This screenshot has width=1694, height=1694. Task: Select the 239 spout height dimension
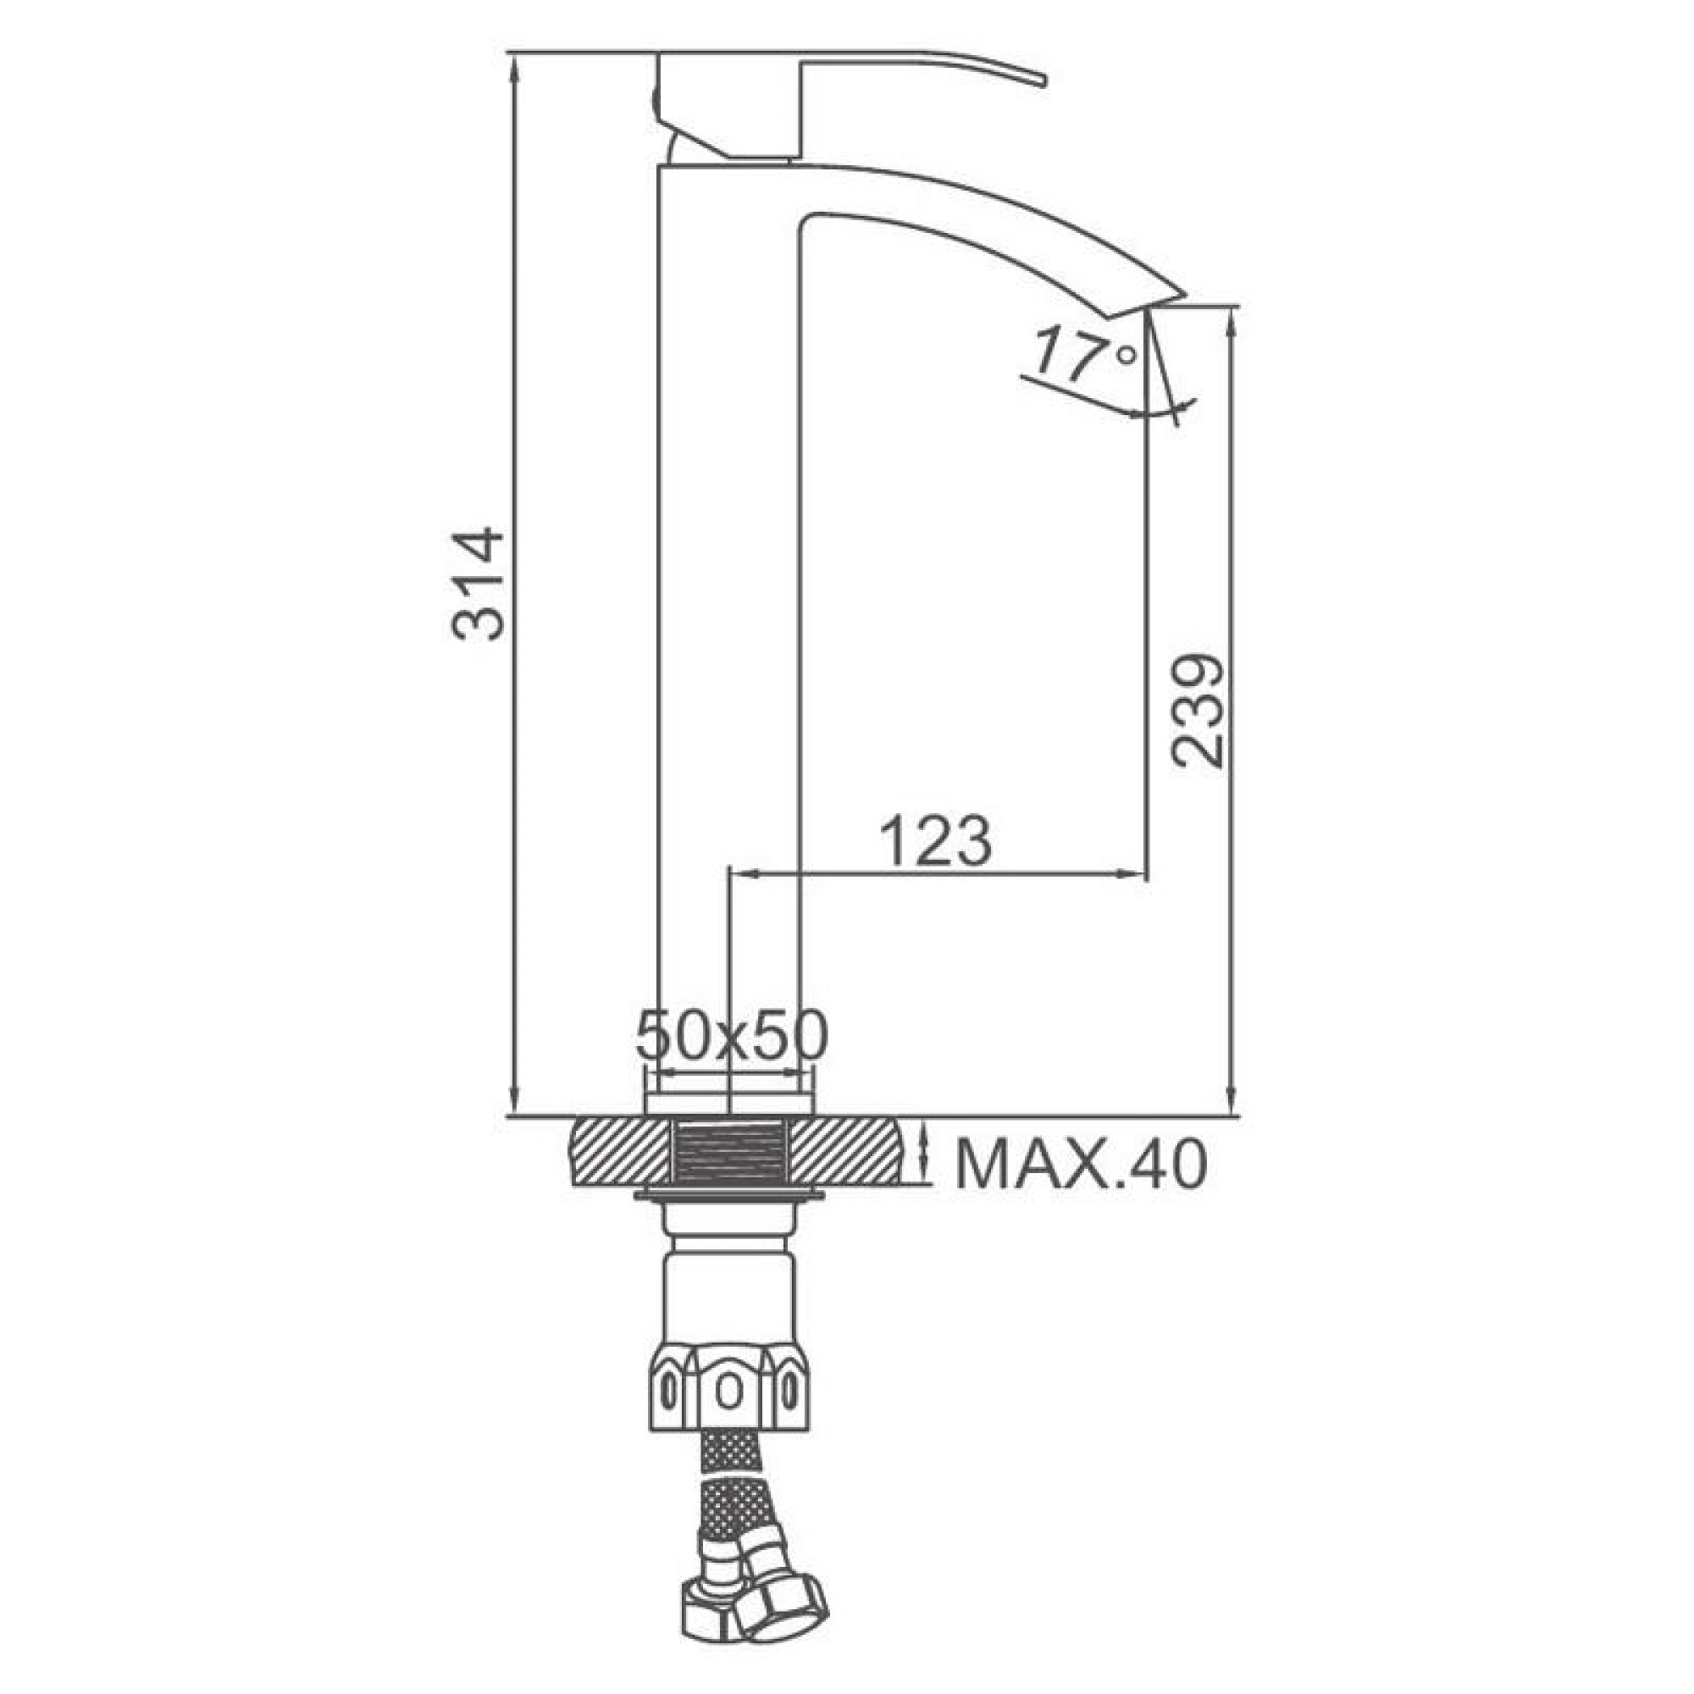[1199, 711]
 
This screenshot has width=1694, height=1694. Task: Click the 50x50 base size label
[730, 1036]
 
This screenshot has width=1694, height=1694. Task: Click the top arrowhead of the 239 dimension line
[1232, 321]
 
